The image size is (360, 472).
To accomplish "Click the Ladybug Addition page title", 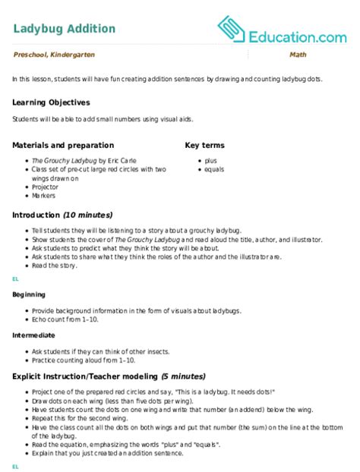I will point(65,29).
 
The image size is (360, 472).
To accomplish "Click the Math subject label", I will point(298,57).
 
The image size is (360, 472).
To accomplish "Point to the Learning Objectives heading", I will point(51,102).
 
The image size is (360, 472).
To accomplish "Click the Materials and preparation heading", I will point(63,145).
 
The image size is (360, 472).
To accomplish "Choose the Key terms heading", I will point(207,145).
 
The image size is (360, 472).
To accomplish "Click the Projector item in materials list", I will point(45,187).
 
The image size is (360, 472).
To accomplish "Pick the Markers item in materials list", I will point(43,196).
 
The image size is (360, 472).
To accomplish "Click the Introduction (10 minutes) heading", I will point(62,216).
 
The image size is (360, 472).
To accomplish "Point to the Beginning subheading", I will point(29,294).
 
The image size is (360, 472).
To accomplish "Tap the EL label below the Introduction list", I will point(15,280).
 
